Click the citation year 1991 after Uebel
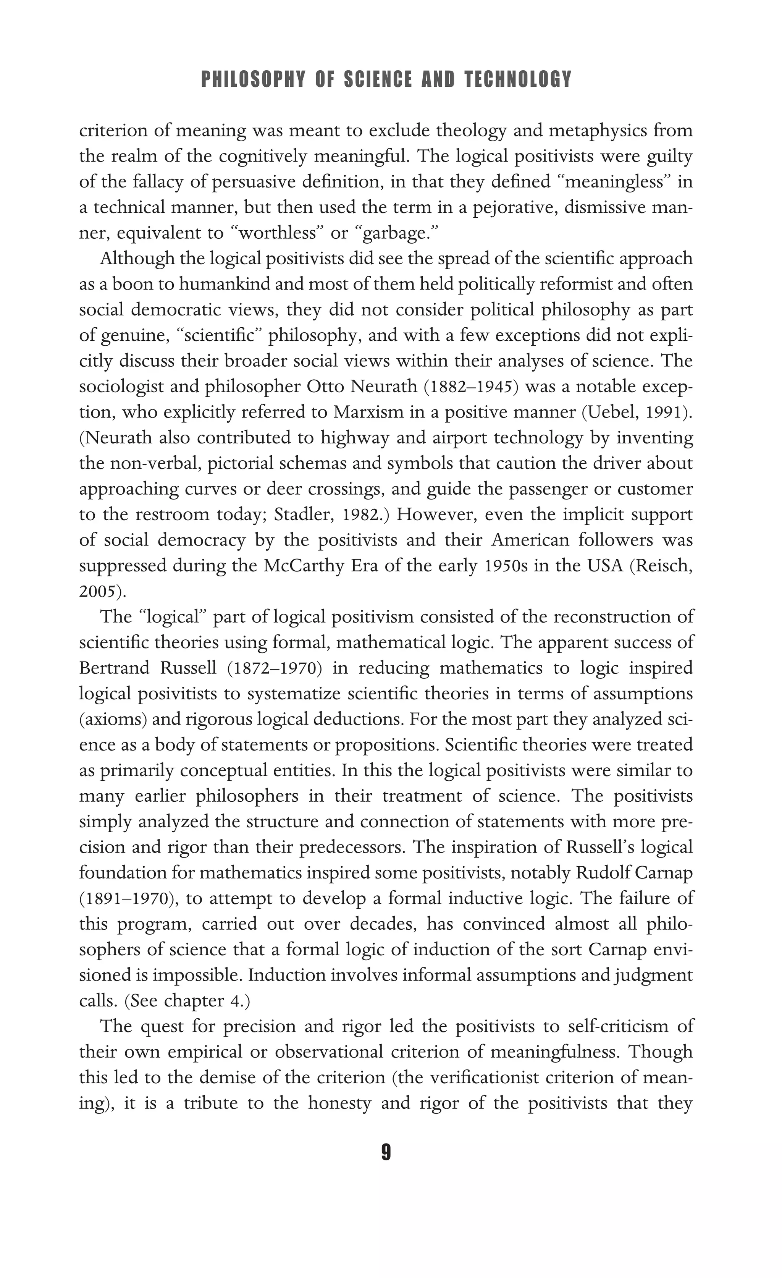click(x=667, y=413)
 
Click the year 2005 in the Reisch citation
click(x=100, y=591)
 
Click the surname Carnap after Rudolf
click(x=667, y=873)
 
